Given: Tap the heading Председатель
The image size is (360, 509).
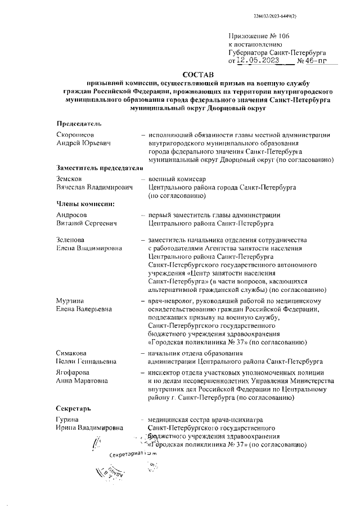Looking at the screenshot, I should pos(79,123).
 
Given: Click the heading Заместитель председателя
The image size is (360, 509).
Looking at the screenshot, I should pos(97,167).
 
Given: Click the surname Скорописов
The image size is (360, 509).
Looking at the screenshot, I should pos(75,134).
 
